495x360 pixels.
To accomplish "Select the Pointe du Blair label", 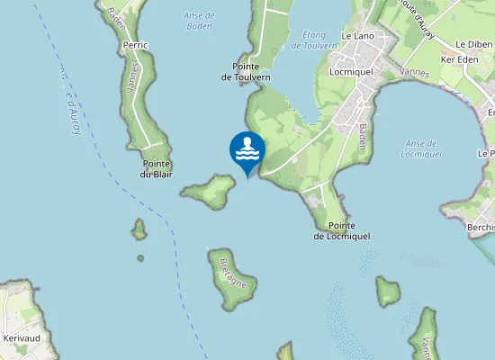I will click(x=157, y=168).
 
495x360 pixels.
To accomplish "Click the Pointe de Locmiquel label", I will click(x=342, y=230).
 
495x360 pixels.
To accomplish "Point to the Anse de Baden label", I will click(x=198, y=19).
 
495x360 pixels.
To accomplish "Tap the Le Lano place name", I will click(x=357, y=36).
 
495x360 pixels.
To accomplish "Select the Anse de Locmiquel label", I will click(x=421, y=148).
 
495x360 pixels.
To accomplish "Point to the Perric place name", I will click(x=136, y=44).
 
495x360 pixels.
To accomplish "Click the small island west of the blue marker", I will click(x=211, y=190).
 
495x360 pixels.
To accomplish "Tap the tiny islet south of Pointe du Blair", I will click(x=139, y=231).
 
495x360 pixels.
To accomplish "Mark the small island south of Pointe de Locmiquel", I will click(x=388, y=291).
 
